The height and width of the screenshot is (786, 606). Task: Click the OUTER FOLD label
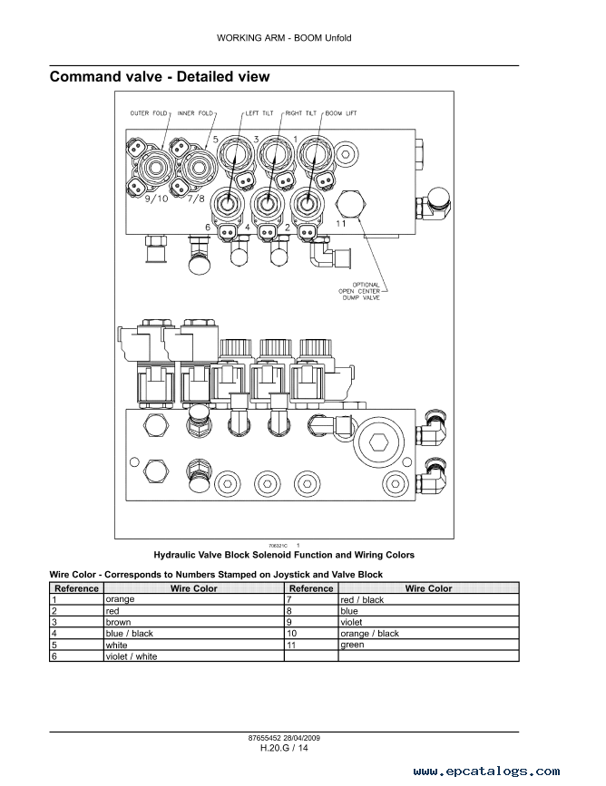pyautogui.click(x=149, y=113)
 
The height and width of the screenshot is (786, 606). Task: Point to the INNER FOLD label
pyautogui.click(x=195, y=113)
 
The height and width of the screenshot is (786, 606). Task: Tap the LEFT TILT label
pyautogui.click(x=259, y=113)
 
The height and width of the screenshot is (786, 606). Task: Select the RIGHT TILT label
pyautogui.click(x=301, y=113)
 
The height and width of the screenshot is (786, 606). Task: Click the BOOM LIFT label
pyautogui.click(x=341, y=113)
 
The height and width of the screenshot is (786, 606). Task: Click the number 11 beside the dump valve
pyautogui.click(x=341, y=224)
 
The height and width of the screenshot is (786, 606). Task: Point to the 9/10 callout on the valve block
pyautogui.click(x=157, y=199)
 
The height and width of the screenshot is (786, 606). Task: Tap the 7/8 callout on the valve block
pyautogui.click(x=196, y=199)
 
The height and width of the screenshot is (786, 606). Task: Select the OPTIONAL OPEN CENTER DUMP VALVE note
pyautogui.click(x=359, y=291)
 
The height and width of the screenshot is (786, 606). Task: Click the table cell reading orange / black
pyautogui.click(x=370, y=634)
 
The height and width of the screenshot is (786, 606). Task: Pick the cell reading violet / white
pyautogui.click(x=132, y=656)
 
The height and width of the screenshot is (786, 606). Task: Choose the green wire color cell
pyautogui.click(x=352, y=645)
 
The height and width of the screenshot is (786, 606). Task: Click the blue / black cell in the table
pyautogui.click(x=130, y=634)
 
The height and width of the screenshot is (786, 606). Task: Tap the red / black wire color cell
pyautogui.click(x=362, y=600)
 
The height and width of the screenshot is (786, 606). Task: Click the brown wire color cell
pyautogui.click(x=119, y=623)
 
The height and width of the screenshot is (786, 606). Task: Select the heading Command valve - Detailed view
pyautogui.click(x=160, y=77)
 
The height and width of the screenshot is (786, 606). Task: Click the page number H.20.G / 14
pyautogui.click(x=284, y=749)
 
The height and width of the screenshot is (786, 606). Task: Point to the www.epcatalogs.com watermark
pyautogui.click(x=486, y=771)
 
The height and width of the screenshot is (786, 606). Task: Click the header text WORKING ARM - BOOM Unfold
pyautogui.click(x=284, y=38)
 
